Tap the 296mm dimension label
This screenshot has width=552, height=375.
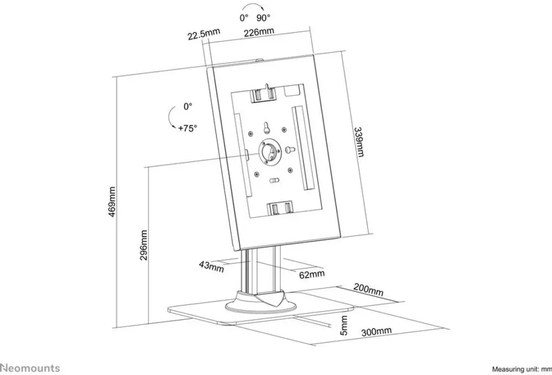(144, 245)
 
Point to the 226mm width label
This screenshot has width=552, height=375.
(259, 32)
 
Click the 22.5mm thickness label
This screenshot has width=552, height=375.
(203, 34)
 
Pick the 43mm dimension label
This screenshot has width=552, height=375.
(211, 266)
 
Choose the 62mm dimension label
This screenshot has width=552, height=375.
(312, 274)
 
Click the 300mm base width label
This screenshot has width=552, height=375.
(376, 332)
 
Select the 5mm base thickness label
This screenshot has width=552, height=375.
(344, 325)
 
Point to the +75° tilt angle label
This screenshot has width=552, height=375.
(187, 128)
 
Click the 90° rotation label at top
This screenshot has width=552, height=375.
(263, 17)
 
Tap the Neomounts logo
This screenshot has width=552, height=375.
(30, 368)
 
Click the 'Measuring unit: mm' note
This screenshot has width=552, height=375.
(522, 369)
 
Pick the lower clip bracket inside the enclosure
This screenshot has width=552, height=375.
(280, 208)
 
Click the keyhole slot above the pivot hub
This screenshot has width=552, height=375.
(266, 128)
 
